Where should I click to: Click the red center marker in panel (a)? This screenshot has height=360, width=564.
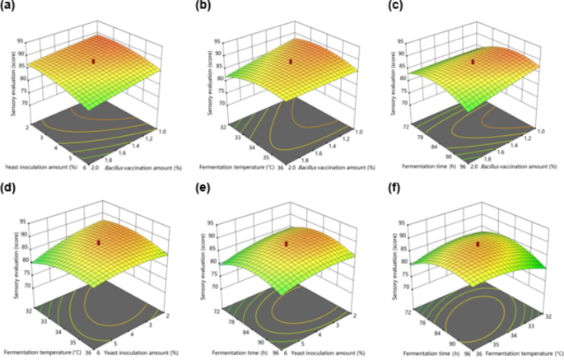94,61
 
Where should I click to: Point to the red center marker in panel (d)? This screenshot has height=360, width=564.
99,242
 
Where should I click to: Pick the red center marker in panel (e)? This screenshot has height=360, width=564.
287,243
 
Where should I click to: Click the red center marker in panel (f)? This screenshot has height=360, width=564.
477,244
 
